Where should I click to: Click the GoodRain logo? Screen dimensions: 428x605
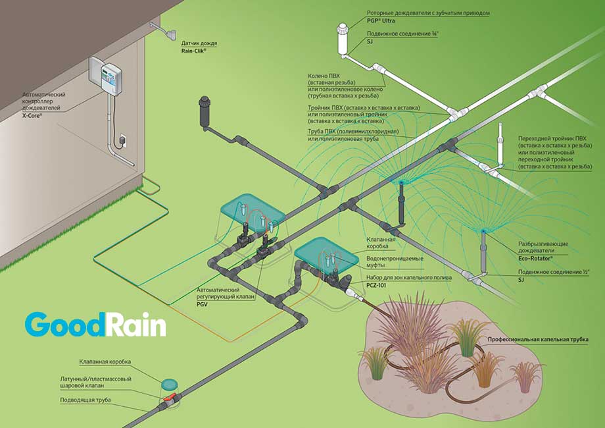pos(95,325)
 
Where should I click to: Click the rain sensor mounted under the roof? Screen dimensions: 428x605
pos(170,31)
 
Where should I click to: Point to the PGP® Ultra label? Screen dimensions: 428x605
pos(379,20)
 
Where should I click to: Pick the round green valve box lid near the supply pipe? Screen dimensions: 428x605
pos(170,383)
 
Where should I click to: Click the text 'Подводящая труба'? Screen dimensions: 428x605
pos(85,400)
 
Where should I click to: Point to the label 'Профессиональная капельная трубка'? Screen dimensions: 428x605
pos(537,339)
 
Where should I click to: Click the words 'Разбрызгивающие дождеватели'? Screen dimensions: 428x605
pos(543,248)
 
